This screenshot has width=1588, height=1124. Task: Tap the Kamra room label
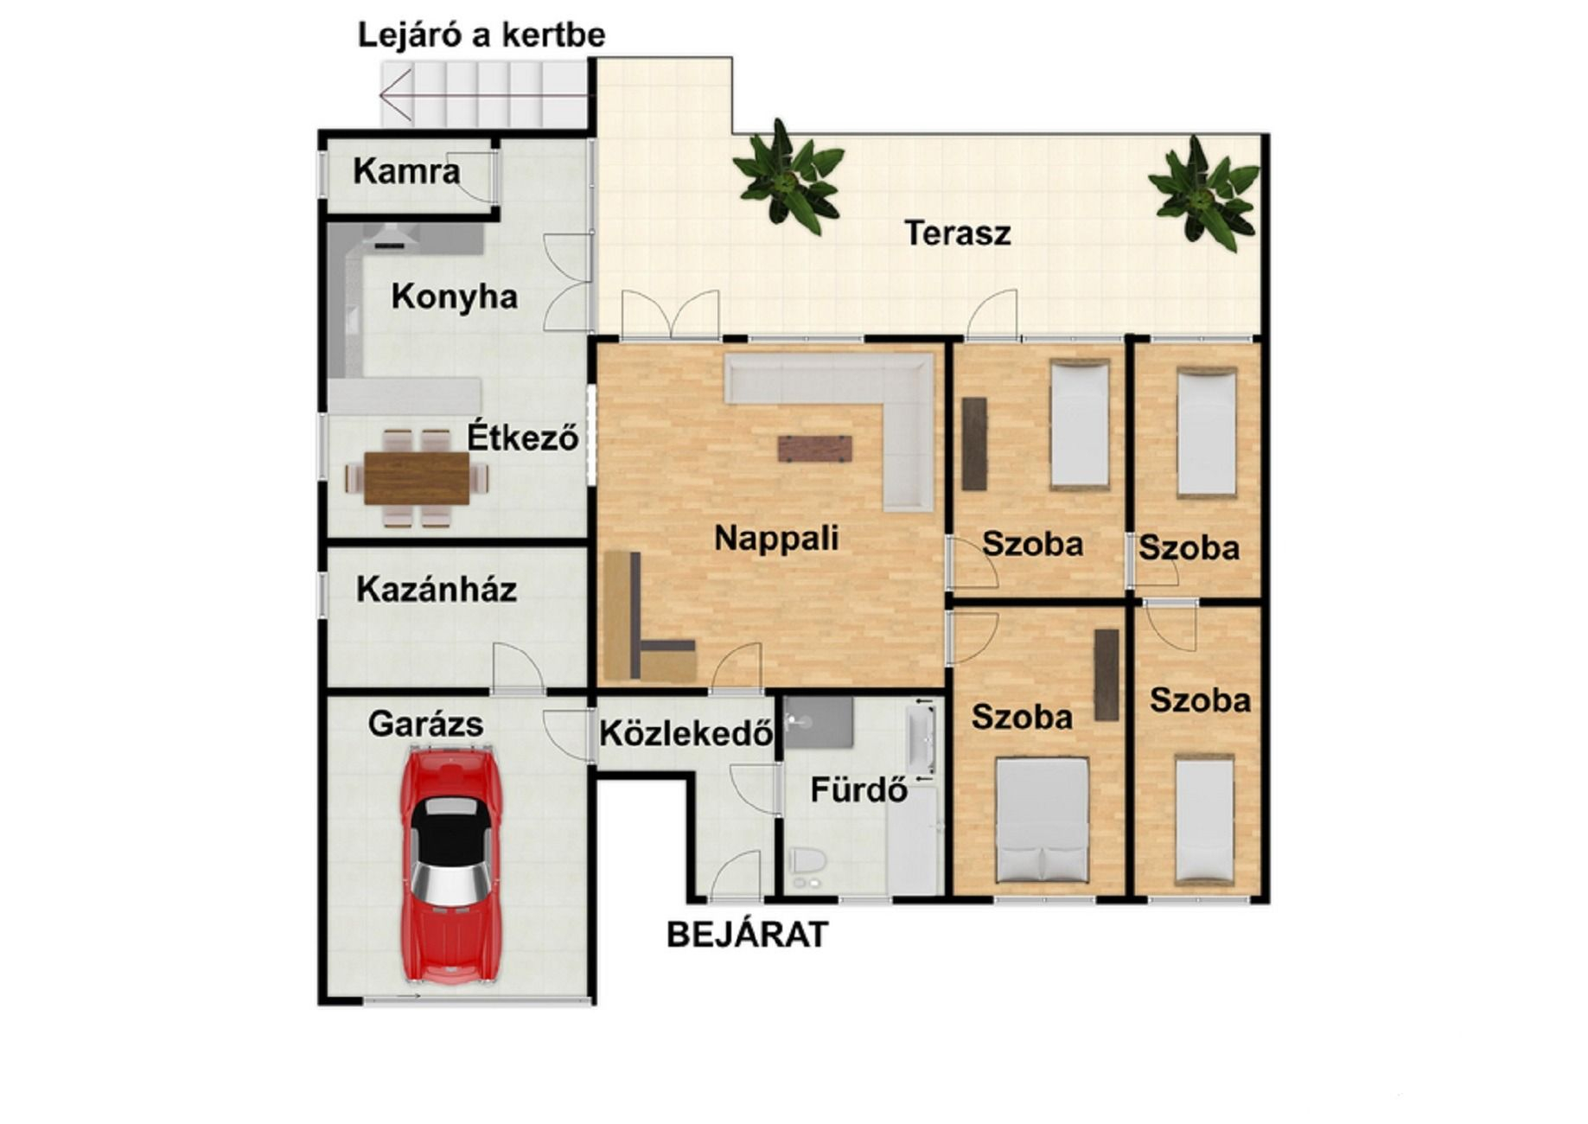(406, 171)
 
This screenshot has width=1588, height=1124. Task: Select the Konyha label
(454, 297)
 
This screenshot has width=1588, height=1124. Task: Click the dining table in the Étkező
(417, 478)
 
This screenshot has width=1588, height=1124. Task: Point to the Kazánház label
(437, 590)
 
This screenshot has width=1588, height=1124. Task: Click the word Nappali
(776, 538)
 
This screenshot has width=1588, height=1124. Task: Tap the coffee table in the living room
(814, 449)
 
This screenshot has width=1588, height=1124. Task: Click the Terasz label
(958, 233)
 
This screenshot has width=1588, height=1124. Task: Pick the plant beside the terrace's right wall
(1203, 194)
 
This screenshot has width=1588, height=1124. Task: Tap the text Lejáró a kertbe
(482, 35)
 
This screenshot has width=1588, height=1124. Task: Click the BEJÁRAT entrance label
(748, 935)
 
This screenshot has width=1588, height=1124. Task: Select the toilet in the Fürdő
(807, 864)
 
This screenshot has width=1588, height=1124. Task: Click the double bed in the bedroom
(1042, 820)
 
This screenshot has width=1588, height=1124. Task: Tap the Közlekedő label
(686, 733)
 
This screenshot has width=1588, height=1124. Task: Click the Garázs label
(425, 724)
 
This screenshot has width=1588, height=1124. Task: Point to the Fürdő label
(858, 789)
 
